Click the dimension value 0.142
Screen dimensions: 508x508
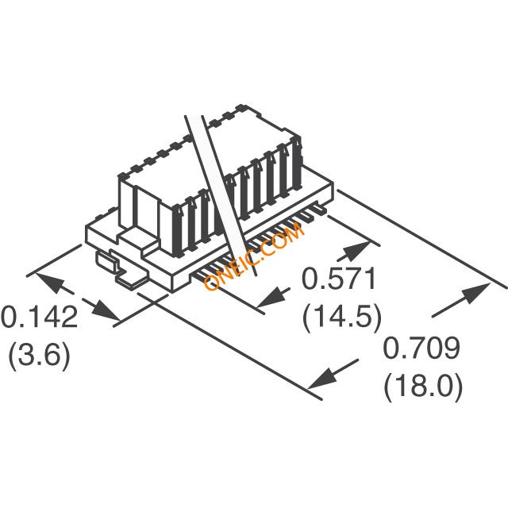pyautogui.click(x=39, y=317)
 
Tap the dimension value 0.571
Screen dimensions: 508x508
pyautogui.click(x=341, y=280)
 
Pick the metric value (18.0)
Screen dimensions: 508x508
pyautogui.click(x=423, y=387)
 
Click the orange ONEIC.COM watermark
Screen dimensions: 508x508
pyautogui.click(x=253, y=257)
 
